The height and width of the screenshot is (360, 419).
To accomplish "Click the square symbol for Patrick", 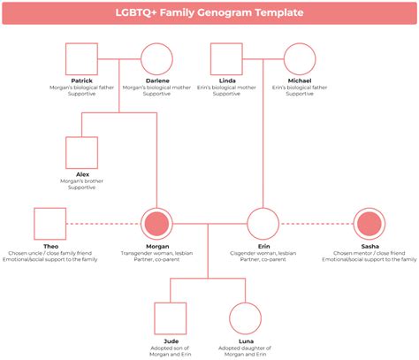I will click(82, 59).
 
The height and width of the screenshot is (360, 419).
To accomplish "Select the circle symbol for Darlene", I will click(156, 59).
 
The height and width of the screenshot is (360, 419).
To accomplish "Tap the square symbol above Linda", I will click(225, 59).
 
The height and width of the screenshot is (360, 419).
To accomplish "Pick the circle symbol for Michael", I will click(299, 59).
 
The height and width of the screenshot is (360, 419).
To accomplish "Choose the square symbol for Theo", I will click(50, 225).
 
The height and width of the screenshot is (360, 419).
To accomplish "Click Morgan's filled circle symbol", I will click(156, 225).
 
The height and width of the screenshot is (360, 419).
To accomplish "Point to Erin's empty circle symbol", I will click(263, 225).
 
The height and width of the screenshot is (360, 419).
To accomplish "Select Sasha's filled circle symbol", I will click(369, 225).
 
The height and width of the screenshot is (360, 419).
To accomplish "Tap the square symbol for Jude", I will click(170, 318).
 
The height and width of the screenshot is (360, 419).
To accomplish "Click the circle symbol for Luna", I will click(245, 318).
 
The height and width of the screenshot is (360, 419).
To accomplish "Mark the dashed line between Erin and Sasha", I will click(316, 225).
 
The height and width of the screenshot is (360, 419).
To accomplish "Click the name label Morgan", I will click(157, 246).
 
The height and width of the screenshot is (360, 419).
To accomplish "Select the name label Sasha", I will click(369, 246).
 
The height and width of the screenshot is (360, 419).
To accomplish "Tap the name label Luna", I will click(246, 341).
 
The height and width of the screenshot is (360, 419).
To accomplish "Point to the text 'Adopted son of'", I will click(171, 348).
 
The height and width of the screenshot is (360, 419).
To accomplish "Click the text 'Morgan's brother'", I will click(82, 180).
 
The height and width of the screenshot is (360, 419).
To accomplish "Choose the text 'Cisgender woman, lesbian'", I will click(263, 253).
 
